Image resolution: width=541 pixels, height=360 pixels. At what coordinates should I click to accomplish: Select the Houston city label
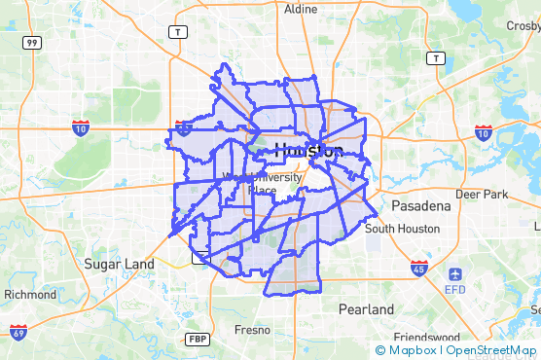click(x=308, y=151)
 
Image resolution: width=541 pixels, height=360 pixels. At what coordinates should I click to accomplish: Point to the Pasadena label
click(x=421, y=206)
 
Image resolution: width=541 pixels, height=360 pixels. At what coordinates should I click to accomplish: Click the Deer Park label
click(x=482, y=195)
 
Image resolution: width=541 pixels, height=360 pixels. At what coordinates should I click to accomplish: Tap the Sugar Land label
click(x=119, y=264)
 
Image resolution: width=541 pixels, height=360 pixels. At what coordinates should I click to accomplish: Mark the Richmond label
click(x=30, y=294)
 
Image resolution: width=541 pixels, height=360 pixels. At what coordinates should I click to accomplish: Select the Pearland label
click(x=367, y=309)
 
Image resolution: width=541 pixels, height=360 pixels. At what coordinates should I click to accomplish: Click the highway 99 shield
click(x=32, y=43)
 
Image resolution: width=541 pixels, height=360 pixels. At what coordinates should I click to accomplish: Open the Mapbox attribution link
click(x=406, y=350)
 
